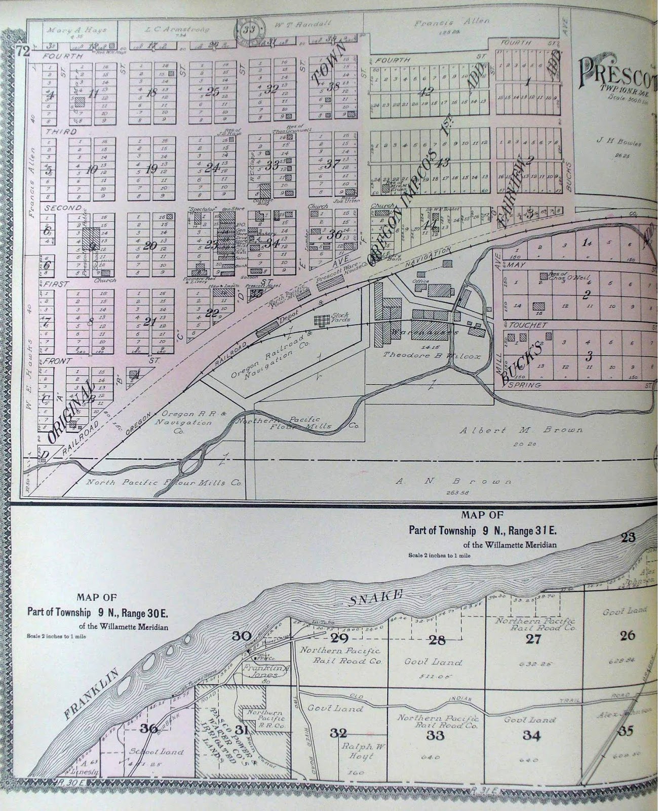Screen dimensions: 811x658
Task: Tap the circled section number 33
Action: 249,29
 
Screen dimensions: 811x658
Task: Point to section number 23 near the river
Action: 628,537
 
